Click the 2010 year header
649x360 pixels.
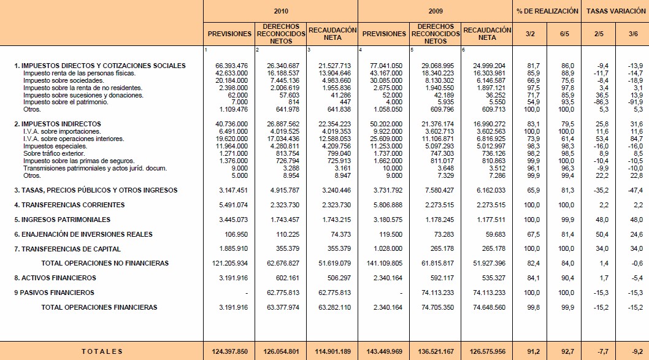pos(281,11)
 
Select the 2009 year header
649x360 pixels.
pos(436,11)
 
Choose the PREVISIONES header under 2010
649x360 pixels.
pos(229,34)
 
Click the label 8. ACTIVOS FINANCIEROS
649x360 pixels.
pos(55,278)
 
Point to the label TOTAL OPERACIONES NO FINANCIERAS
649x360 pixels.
pos(104,263)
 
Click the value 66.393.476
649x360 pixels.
pos(231,66)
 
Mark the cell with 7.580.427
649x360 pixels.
pos(437,190)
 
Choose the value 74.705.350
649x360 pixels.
pos(437,307)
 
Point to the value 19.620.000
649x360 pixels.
pos(231,139)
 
